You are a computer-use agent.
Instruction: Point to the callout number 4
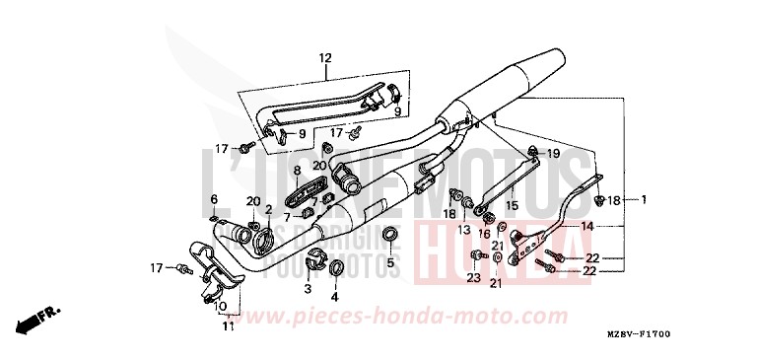pyautogui.click(x=334, y=295)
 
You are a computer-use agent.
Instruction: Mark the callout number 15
pyautogui.click(x=511, y=206)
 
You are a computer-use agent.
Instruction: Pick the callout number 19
pyautogui.click(x=552, y=154)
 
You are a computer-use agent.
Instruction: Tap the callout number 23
pyautogui.click(x=474, y=279)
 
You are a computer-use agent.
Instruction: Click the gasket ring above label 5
pyautogui.click(x=389, y=235)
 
